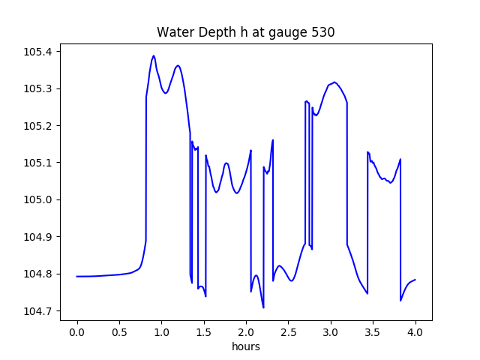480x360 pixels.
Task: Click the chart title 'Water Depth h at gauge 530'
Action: point(245,32)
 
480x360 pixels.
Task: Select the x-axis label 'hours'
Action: point(245,347)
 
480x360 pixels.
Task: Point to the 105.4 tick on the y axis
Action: point(37,52)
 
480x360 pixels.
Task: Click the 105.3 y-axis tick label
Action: point(37,88)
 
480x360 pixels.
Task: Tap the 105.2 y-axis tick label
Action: point(37,126)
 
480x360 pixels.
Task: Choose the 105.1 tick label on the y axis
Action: point(37,163)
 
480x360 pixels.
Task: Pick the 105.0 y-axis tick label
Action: point(37,199)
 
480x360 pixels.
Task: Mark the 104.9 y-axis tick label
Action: point(37,237)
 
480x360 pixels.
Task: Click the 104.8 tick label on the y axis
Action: point(37,274)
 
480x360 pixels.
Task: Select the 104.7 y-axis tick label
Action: point(37,310)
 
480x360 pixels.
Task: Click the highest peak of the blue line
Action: point(154,55)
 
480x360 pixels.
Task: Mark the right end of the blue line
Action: point(415,280)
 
